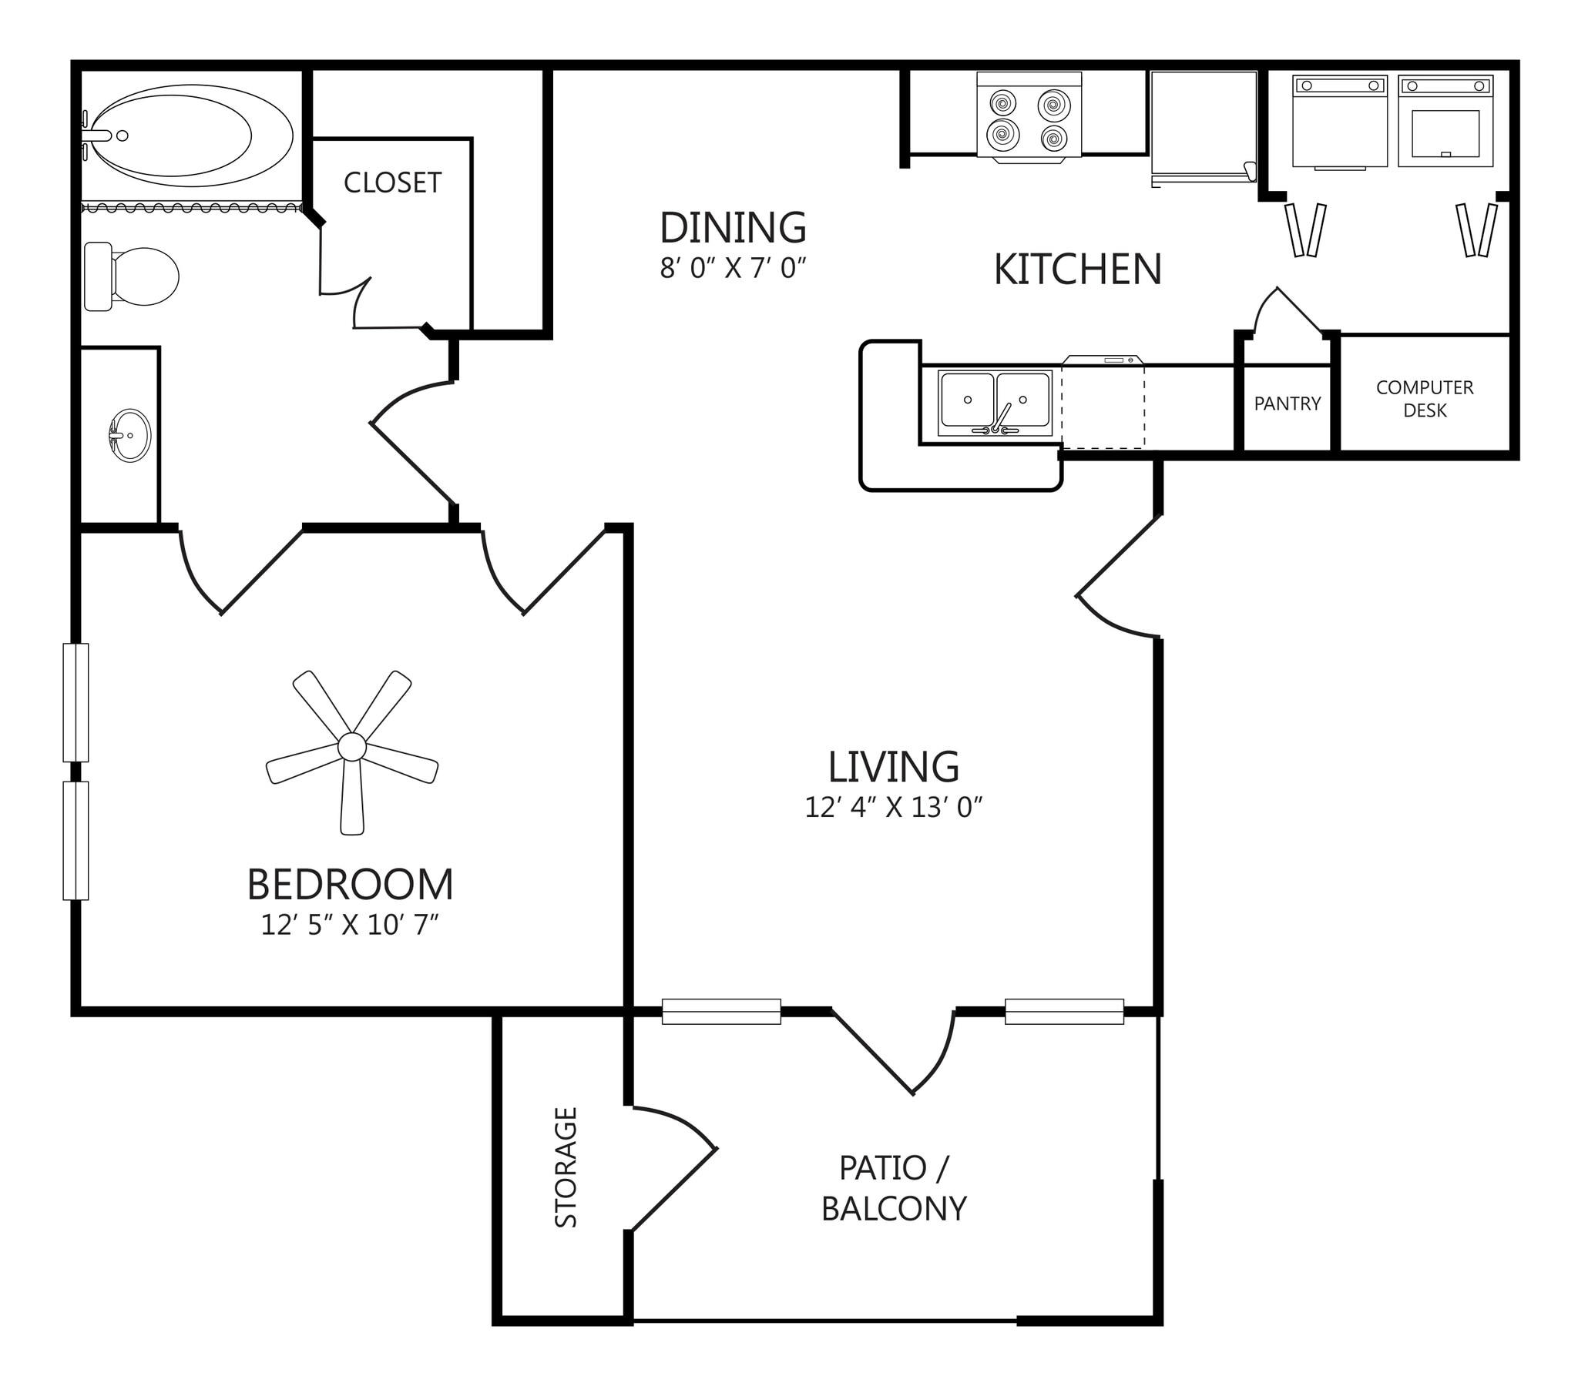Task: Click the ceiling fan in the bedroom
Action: point(352,747)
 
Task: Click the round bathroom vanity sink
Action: point(129,435)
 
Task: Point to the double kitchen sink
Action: point(995,402)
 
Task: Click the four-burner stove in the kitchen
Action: point(1029,119)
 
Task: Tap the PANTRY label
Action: point(1287,403)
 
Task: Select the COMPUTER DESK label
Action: point(1425,398)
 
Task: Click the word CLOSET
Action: point(392,183)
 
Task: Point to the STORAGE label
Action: point(566,1167)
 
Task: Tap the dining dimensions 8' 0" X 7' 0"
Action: point(733,268)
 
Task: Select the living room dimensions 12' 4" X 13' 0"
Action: point(893,807)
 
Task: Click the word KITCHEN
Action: point(1077,269)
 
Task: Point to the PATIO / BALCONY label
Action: point(893,1188)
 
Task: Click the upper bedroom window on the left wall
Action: point(76,702)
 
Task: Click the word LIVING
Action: point(893,766)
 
